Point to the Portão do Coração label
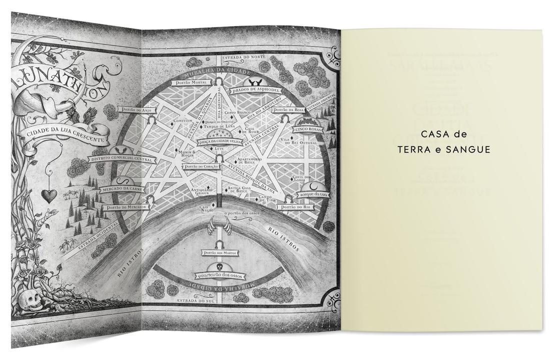(200, 166)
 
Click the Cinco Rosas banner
(309, 129)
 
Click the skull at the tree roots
(29, 300)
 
